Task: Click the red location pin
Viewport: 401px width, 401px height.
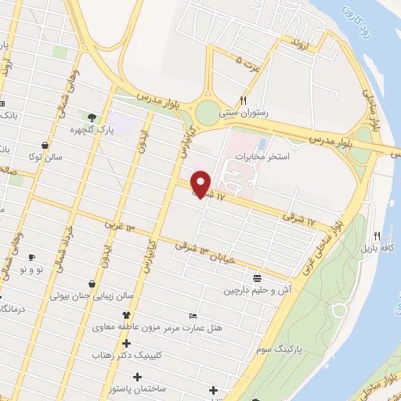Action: coord(202,183)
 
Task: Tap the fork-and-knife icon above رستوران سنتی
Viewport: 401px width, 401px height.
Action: coord(244,100)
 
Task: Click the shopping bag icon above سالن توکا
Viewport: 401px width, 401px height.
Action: coord(48,145)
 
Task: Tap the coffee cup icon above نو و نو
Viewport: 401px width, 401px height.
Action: coord(32,258)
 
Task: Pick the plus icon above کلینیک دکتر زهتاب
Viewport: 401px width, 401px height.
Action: coord(126,343)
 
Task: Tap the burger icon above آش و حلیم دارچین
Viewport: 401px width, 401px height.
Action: coord(258,278)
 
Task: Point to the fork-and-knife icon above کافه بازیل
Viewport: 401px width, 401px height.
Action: coord(377,236)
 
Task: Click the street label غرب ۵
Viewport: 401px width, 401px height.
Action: coord(248,60)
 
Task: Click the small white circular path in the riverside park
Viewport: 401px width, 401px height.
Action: coord(340,312)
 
